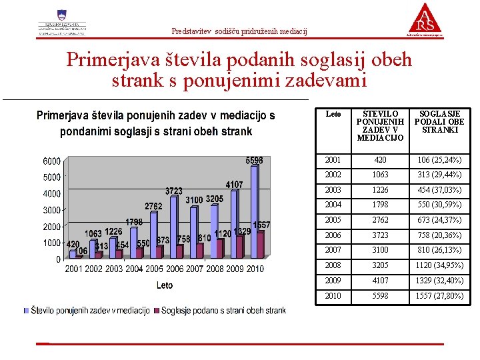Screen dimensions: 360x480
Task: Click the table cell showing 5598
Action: [380, 295]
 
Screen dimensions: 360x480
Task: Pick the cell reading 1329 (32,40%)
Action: [439, 280]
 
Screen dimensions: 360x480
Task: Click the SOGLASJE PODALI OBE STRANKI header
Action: [439, 122]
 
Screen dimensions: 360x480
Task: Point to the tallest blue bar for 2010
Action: [253, 212]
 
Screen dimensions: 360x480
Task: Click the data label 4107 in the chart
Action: [233, 184]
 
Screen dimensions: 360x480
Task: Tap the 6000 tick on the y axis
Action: [52, 161]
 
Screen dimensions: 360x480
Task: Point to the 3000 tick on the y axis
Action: [52, 210]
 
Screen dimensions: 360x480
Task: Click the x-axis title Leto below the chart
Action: [165, 285]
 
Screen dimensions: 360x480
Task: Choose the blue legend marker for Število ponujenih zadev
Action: [27, 311]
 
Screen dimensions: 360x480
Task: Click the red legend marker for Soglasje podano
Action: [157, 311]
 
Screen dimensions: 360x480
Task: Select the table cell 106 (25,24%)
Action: [439, 160]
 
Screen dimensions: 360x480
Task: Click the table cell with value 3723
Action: [380, 235]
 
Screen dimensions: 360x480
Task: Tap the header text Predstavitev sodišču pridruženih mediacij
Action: [239, 31]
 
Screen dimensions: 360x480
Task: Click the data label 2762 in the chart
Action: [154, 207]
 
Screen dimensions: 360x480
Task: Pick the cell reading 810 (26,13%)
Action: [439, 250]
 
